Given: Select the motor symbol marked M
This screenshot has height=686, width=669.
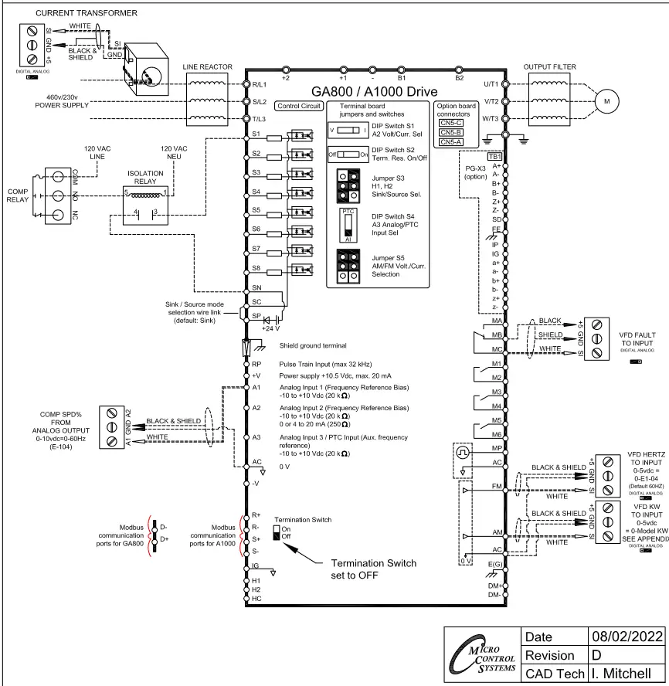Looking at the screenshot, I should click(606, 100).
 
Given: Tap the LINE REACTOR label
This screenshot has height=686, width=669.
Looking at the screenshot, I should click(206, 66).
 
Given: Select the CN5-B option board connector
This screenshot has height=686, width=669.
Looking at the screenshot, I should click(451, 131).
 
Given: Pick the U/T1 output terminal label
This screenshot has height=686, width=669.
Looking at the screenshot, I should click(491, 83).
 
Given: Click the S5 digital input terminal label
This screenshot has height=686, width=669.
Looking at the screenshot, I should click(256, 210).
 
